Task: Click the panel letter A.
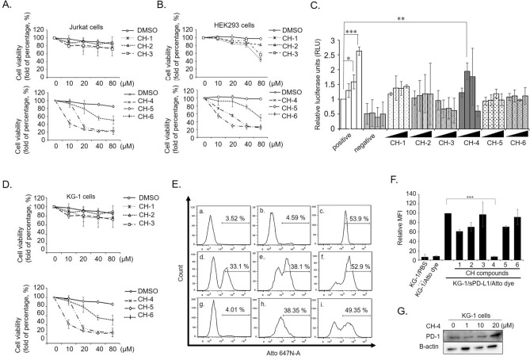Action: [x=6, y=6]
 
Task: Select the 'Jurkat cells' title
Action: [x=83, y=13]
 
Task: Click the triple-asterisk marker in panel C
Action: [x=349, y=36]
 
